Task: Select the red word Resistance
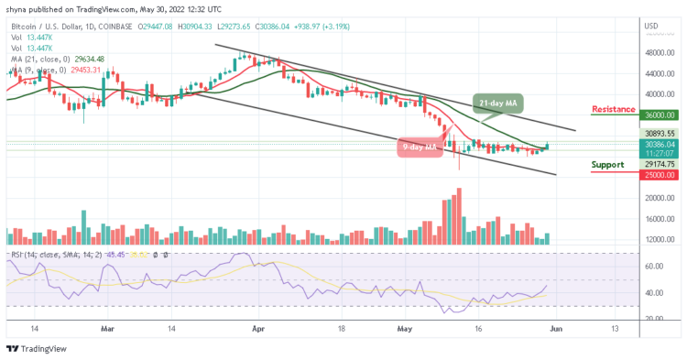click(x=614, y=109)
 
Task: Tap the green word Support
click(x=612, y=165)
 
